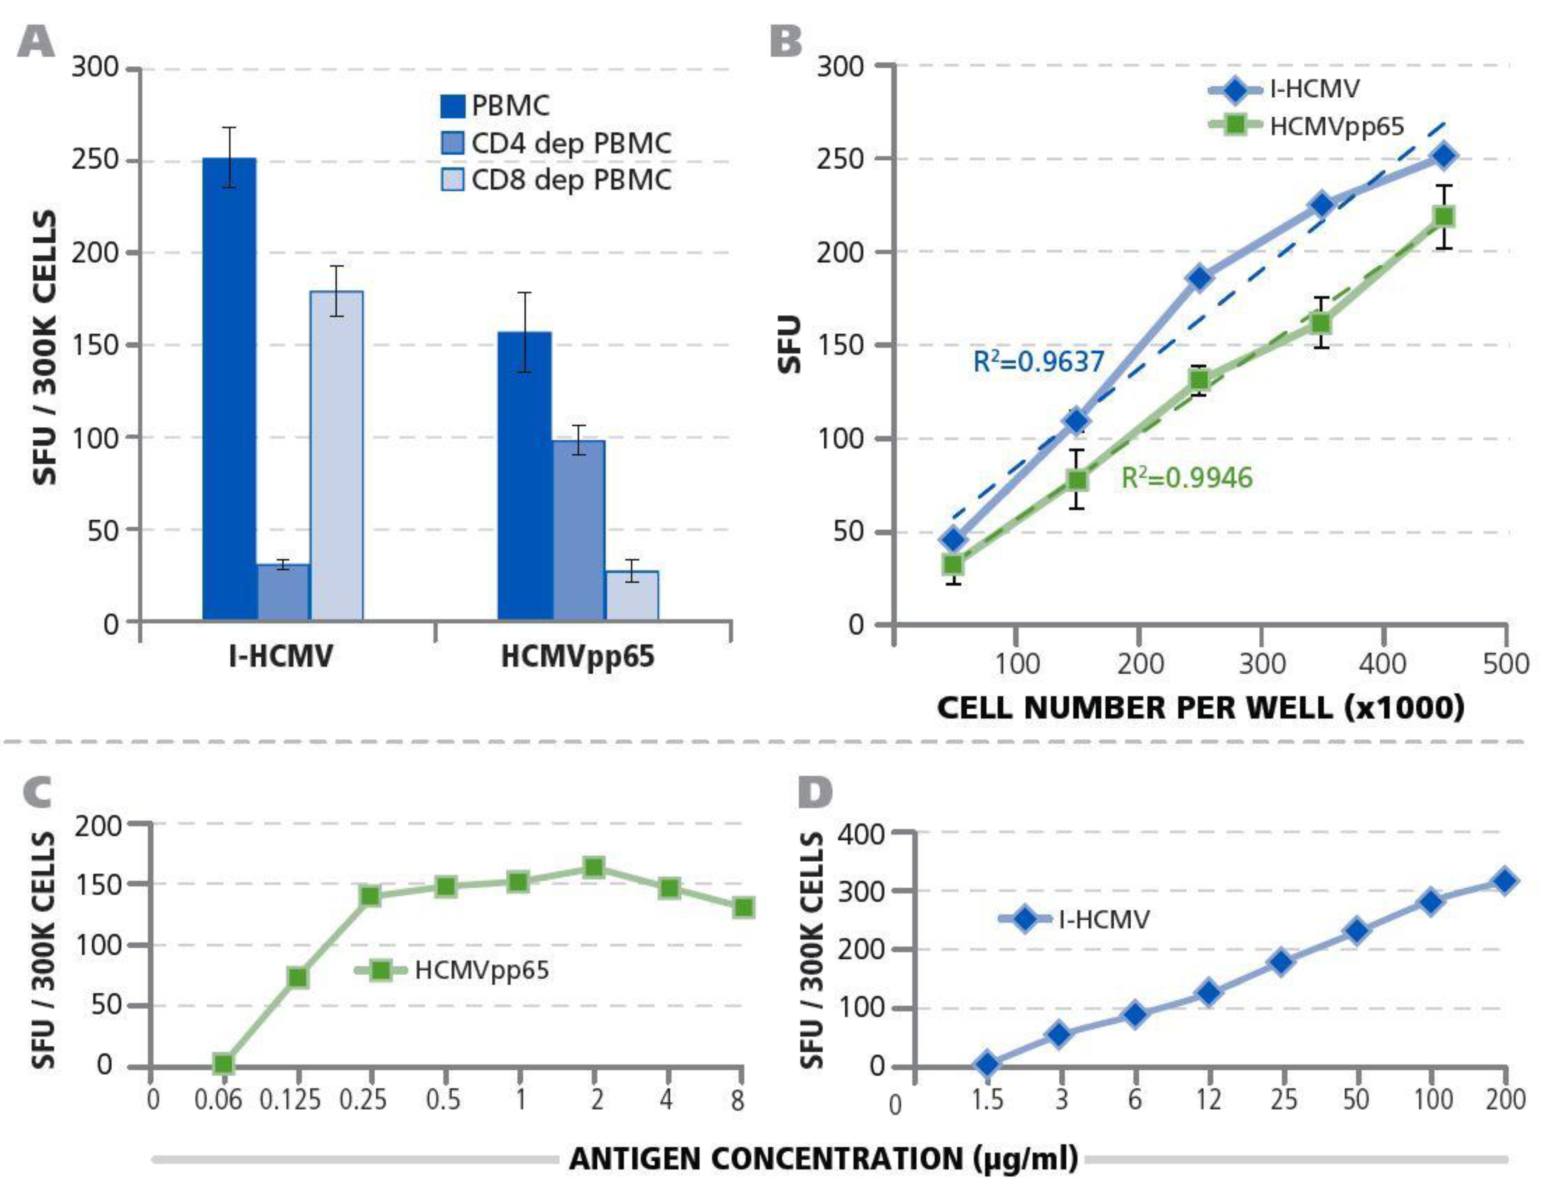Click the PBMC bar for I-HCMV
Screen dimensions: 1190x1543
[x=229, y=389]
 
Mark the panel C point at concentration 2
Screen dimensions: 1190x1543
[x=594, y=867]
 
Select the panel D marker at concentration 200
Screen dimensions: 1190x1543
[x=1504, y=880]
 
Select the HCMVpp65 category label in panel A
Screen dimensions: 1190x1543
[x=577, y=657]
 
